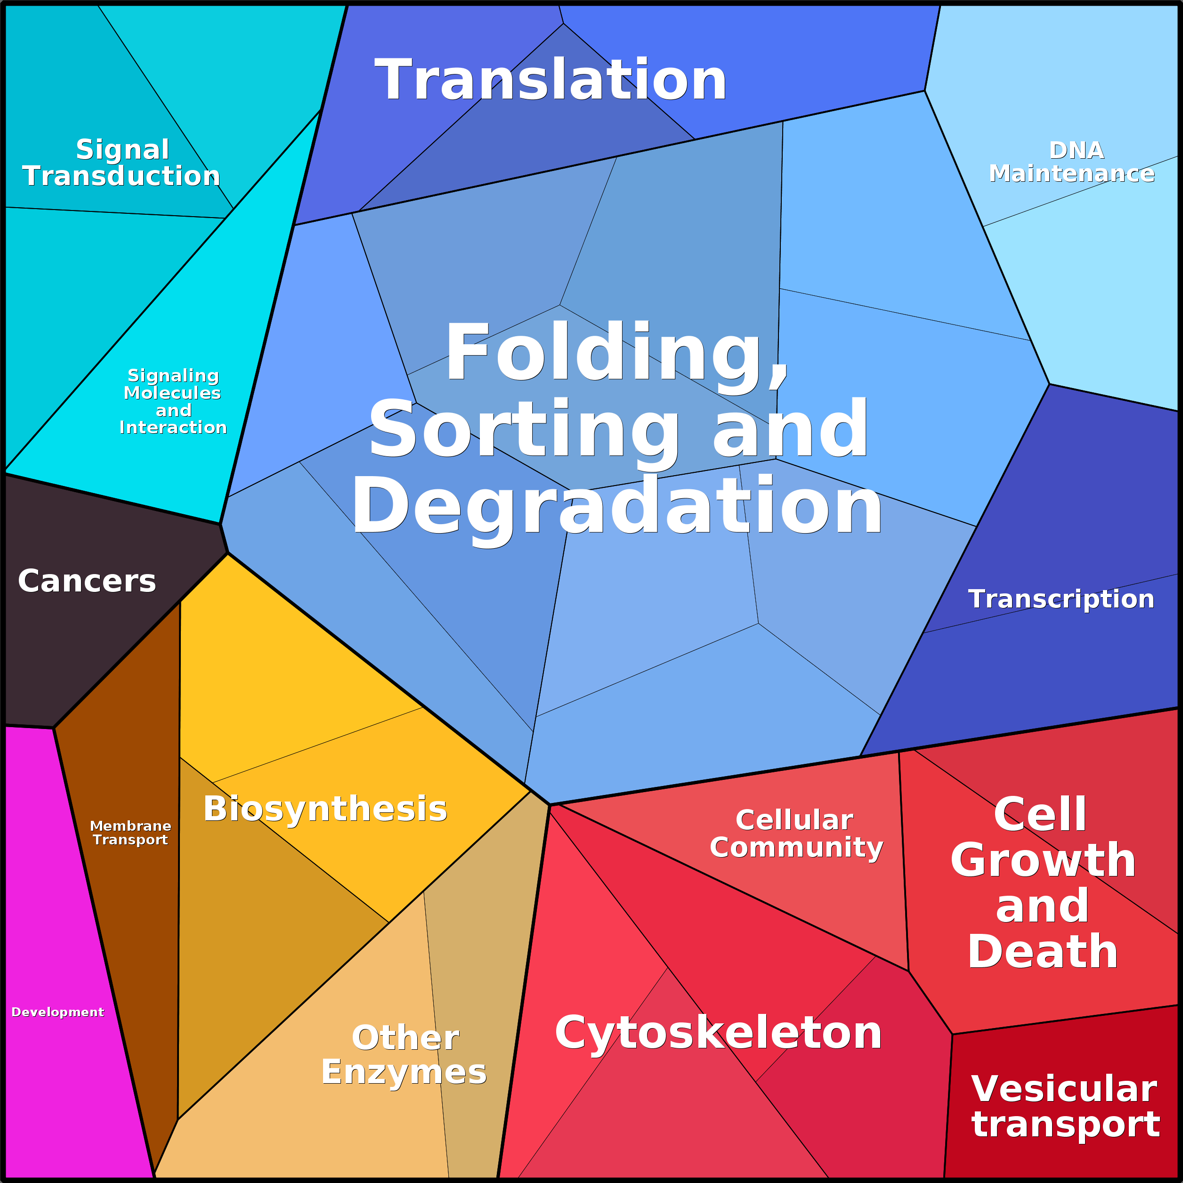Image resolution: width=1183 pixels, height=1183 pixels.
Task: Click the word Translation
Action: coord(551,80)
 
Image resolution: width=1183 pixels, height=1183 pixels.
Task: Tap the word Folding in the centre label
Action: coord(616,354)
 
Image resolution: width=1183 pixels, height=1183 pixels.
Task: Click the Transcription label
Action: coord(1061,599)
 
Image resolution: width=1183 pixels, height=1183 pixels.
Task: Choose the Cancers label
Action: coord(87,581)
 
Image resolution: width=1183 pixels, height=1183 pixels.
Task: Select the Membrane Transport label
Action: coord(130,833)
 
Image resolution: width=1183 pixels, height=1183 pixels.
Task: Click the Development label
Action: coord(57,1012)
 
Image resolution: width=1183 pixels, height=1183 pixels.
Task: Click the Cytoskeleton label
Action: coord(718,1032)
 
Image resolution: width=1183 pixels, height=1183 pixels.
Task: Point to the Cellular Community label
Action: coord(796,834)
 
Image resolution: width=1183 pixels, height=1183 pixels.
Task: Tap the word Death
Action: coord(1043,952)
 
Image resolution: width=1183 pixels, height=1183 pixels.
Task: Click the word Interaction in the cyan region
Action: coord(173,428)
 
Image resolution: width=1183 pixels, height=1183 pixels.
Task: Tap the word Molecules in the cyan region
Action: coord(173,393)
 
